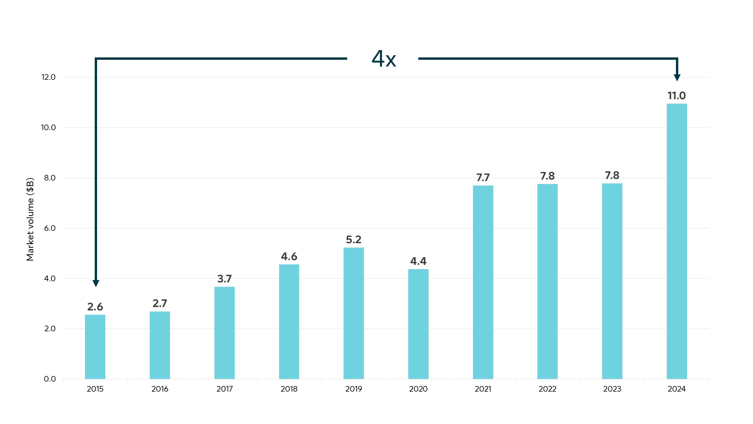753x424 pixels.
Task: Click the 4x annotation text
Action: [x=384, y=59]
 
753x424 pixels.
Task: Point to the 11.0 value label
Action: [x=677, y=96]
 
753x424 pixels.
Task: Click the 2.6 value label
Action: [x=95, y=307]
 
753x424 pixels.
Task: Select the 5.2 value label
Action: [x=354, y=240]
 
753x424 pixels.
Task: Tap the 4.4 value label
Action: [x=418, y=261]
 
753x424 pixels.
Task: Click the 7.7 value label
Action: [x=483, y=178]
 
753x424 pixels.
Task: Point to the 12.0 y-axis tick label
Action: [x=49, y=77]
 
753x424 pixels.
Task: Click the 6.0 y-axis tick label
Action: [x=50, y=228]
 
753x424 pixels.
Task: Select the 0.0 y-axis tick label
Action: [x=50, y=379]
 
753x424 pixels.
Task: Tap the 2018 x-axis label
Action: [x=289, y=389]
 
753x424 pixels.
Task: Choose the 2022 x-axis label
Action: [x=547, y=389]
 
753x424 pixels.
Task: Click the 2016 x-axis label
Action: [x=160, y=389]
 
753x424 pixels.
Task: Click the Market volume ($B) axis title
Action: [x=30, y=219]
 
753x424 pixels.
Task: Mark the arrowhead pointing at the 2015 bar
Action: [x=96, y=283]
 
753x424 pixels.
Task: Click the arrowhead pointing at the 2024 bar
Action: [x=677, y=78]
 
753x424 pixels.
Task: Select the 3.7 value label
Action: [x=224, y=279]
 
